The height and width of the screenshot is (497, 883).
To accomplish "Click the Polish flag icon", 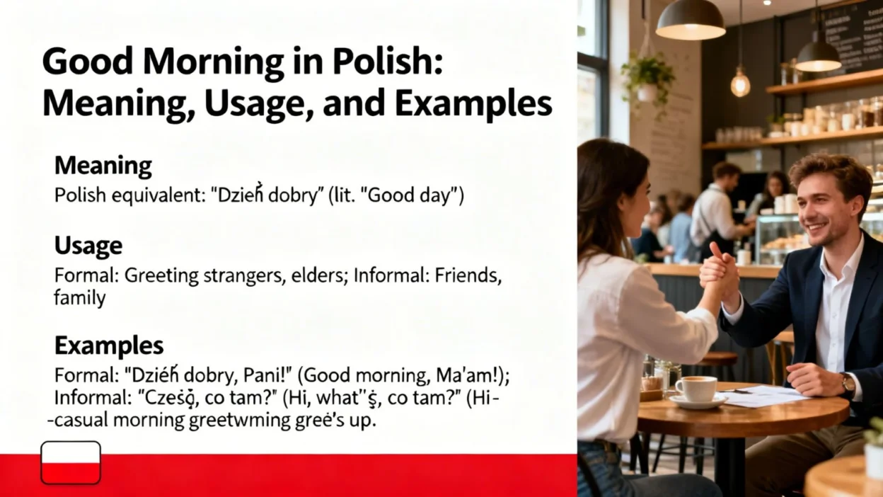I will [71, 462].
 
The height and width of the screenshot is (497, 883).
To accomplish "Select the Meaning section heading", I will [103, 166].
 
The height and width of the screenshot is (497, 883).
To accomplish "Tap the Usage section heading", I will [88, 246].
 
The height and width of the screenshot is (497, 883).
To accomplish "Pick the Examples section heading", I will [109, 345].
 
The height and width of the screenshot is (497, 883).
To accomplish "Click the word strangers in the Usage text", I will [243, 276].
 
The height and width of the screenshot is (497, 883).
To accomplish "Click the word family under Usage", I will [79, 298].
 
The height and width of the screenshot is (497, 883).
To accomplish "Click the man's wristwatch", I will [848, 383].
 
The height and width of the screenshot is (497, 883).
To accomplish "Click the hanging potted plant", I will [647, 74].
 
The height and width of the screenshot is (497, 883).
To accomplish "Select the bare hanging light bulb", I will [740, 83].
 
